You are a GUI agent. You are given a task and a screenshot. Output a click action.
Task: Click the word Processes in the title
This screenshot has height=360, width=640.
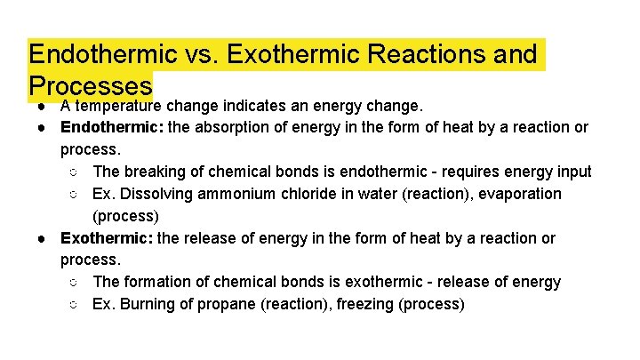click(91, 85)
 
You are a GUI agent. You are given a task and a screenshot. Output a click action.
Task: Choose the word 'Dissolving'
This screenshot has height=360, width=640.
click(152, 194)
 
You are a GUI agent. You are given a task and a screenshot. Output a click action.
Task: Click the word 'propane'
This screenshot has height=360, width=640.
click(222, 304)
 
